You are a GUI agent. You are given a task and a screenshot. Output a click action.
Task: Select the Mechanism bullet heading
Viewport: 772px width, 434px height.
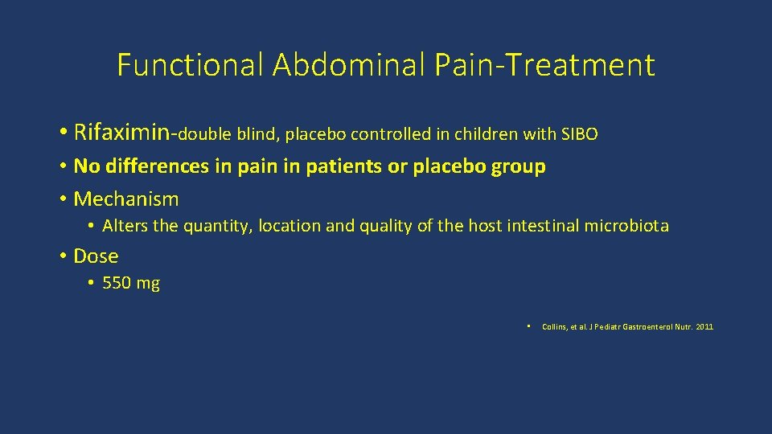click(x=125, y=199)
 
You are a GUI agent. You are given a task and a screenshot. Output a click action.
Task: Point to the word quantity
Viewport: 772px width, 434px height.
click(x=218, y=227)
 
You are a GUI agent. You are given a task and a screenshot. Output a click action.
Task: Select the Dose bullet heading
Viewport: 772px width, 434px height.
click(x=96, y=256)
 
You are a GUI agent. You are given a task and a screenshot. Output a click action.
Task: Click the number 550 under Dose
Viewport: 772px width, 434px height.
click(x=117, y=283)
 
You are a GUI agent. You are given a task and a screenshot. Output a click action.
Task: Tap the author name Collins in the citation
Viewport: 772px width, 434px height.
click(x=555, y=326)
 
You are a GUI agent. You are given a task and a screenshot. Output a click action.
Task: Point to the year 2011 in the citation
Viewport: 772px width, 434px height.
click(x=704, y=326)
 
